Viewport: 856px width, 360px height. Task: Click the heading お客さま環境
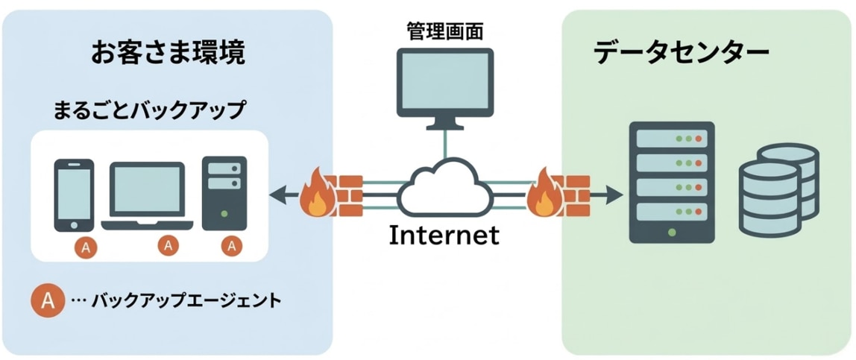pyautogui.click(x=169, y=53)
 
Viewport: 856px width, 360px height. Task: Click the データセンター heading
pyautogui.click(x=682, y=53)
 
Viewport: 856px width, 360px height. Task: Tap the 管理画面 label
pyautogui.click(x=444, y=31)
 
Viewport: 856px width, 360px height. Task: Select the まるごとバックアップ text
pyautogui.click(x=149, y=110)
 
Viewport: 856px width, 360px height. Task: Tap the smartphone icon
pyautogui.click(x=75, y=195)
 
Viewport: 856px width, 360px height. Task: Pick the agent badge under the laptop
pyautogui.click(x=169, y=244)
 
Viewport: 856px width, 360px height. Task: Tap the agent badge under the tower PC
pyautogui.click(x=233, y=244)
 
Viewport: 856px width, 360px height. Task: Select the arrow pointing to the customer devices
pyautogui.click(x=283, y=196)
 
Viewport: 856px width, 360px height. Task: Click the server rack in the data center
pyautogui.click(x=671, y=183)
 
